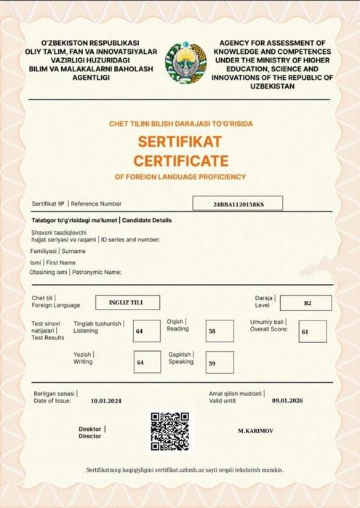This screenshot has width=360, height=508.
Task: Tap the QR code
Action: coord(169,431)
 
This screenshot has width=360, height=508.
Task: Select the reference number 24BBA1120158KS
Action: coord(239,205)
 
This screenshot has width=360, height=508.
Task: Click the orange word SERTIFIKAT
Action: coord(180,140)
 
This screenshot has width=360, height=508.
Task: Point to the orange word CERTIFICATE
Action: coord(180,159)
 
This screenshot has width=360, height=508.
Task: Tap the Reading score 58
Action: coord(212,330)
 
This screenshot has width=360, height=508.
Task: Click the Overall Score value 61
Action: coord(305,331)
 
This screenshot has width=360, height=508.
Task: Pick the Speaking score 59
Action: coord(212,363)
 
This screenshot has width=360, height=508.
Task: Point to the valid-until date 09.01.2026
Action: coord(286,400)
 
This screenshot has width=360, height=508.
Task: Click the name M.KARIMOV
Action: coord(255,431)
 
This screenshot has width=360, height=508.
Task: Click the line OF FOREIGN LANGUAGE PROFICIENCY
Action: coord(180,177)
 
